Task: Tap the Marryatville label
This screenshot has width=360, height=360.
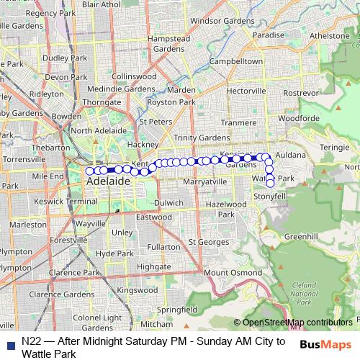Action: pyautogui.click(x=205, y=182)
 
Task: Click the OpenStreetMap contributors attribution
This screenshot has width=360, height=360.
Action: pyautogui.click(x=297, y=323)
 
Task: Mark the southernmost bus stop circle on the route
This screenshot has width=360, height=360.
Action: pyautogui.click(x=270, y=183)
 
